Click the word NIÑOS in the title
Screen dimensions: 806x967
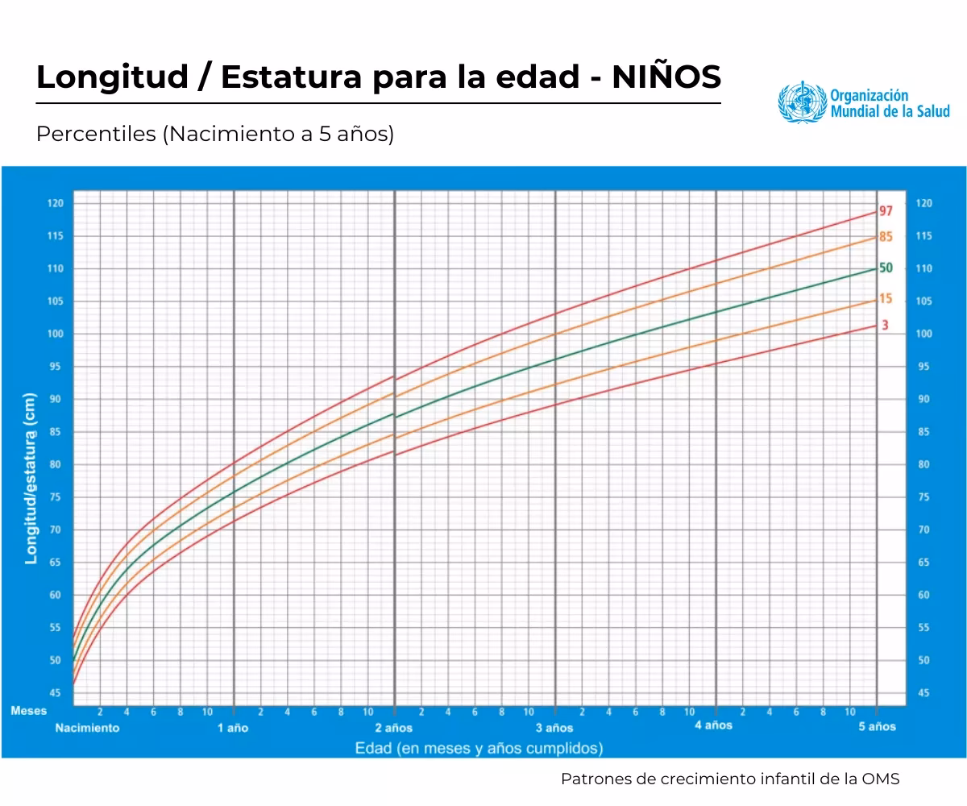[666, 77]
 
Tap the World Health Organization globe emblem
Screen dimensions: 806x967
[803, 102]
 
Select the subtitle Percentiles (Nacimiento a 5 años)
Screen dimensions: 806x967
[215, 134]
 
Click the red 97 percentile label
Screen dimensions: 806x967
[886, 211]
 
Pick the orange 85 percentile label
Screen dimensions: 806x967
[886, 237]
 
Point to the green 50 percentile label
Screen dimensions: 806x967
[886, 268]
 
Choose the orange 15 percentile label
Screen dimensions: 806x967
[886, 299]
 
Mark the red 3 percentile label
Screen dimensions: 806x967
[885, 326]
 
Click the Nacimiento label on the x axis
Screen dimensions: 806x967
[87, 728]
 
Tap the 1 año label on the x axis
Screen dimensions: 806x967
[233, 728]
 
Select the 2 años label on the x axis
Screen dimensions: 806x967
[394, 728]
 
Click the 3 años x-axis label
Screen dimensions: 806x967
[554, 728]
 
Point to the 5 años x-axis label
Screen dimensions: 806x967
[877, 726]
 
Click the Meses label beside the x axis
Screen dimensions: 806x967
[29, 711]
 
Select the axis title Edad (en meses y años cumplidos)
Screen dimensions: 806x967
[479, 749]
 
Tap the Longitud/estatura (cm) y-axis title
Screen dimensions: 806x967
[31, 479]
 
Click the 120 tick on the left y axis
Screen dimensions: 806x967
[55, 203]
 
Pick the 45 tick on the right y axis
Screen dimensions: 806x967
[923, 693]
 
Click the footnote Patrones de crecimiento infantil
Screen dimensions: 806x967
[730, 779]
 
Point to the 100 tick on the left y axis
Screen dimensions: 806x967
[55, 334]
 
